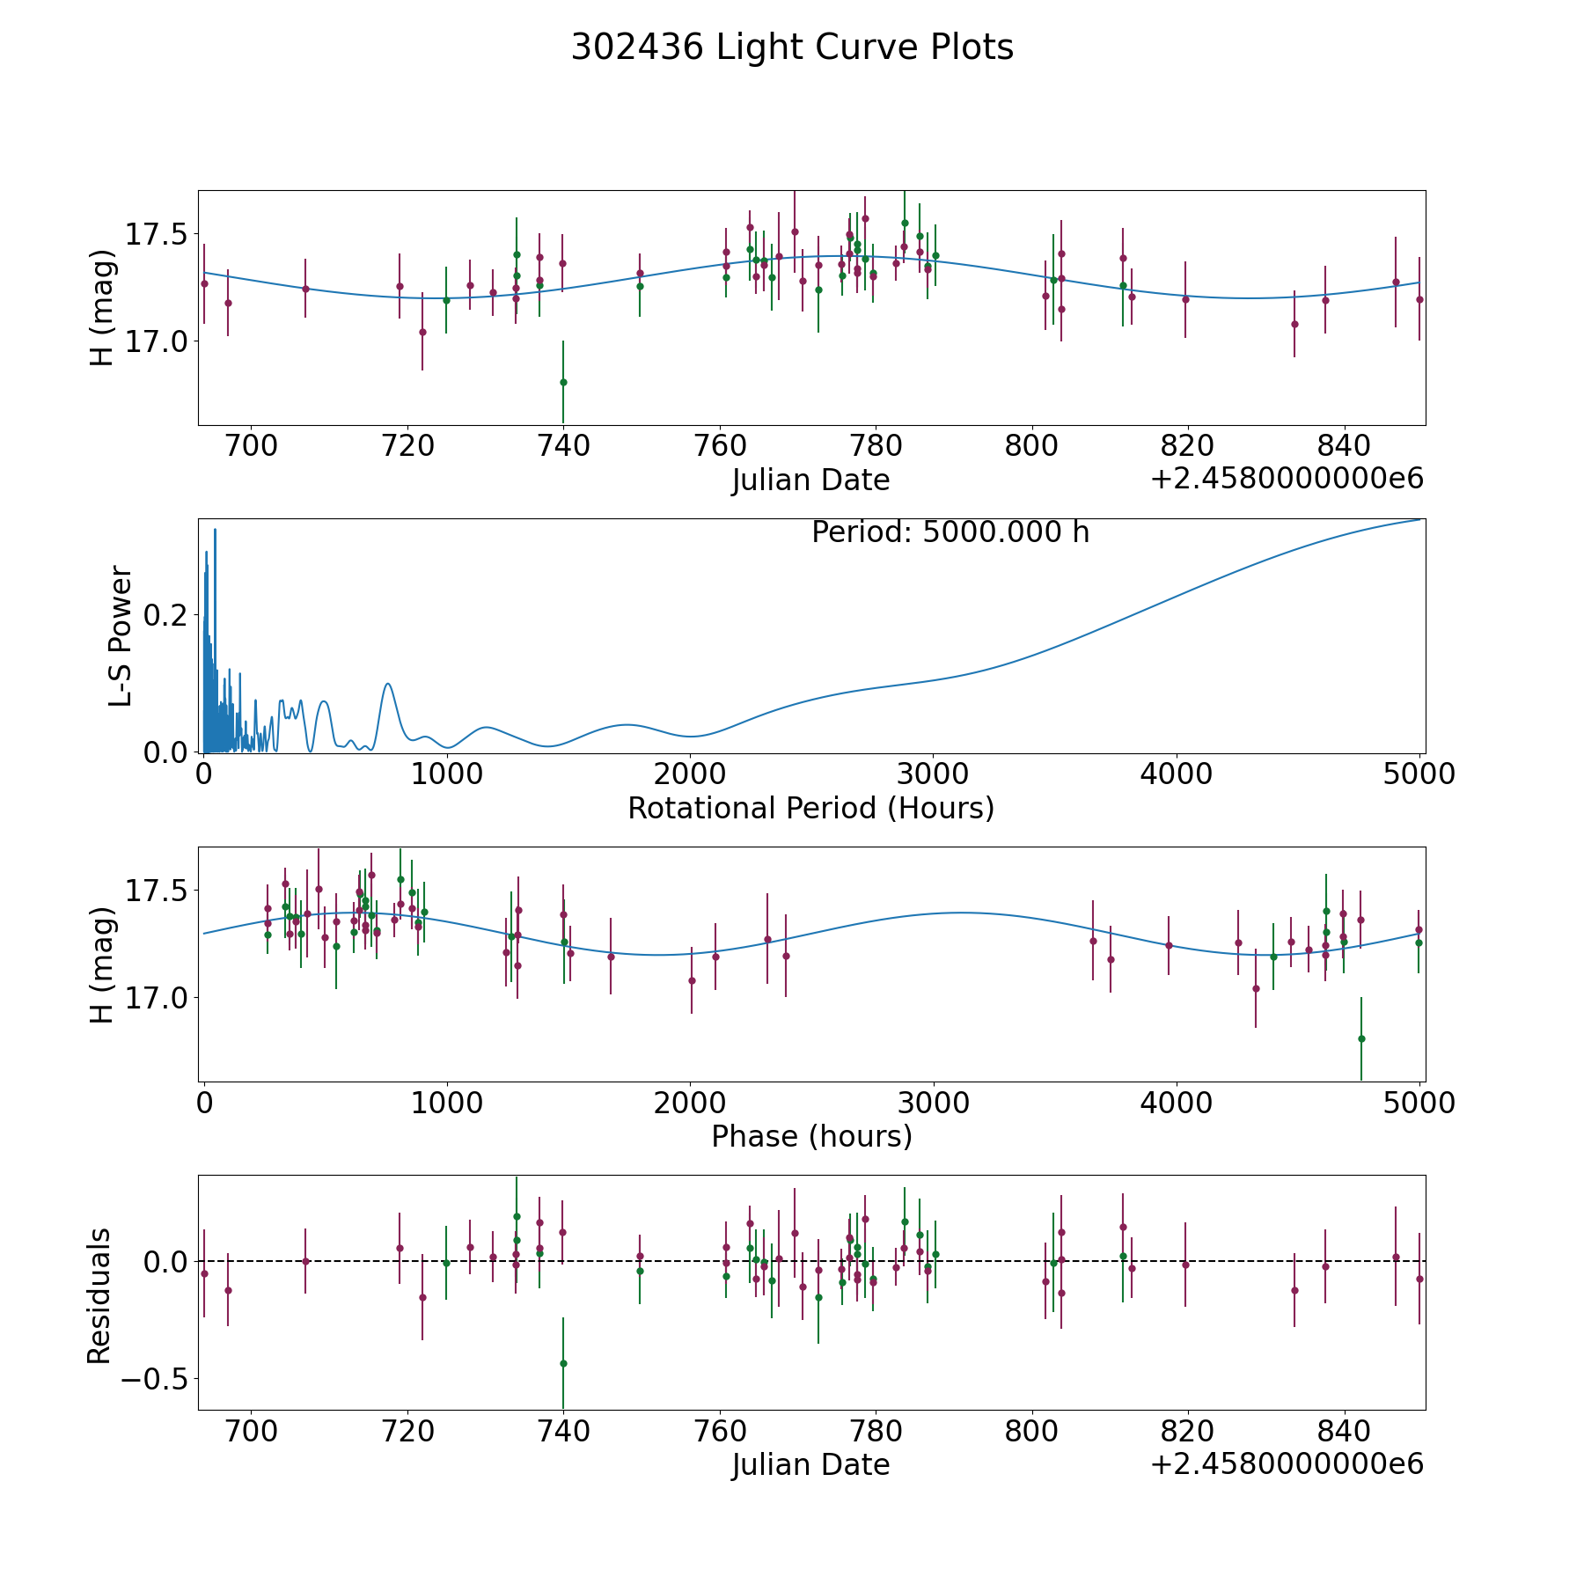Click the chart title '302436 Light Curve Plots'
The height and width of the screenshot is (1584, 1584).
click(x=792, y=48)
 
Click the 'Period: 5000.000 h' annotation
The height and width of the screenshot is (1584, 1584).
click(x=950, y=532)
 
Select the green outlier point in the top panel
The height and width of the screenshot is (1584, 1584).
click(x=563, y=382)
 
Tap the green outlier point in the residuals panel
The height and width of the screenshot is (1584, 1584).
click(x=563, y=1363)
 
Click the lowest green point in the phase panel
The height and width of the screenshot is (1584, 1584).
click(x=1361, y=1038)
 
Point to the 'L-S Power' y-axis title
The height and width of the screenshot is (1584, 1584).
click(x=121, y=636)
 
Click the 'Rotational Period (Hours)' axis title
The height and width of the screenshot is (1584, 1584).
click(x=810, y=808)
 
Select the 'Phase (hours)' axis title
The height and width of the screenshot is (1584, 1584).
click(x=810, y=1136)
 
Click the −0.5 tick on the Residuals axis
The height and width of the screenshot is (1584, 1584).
click(x=150, y=1378)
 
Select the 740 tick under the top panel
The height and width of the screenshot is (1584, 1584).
click(x=563, y=446)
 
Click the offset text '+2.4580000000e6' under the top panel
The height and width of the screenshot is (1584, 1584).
click(x=1287, y=480)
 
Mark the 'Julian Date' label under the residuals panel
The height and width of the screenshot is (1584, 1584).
click(x=810, y=1464)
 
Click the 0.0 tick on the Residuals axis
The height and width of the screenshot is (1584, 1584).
click(x=164, y=1262)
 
